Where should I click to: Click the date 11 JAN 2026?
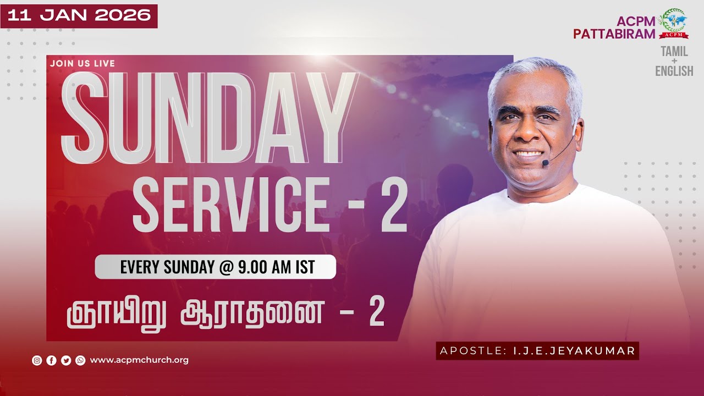tap(79, 15)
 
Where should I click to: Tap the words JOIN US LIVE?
tap(82, 63)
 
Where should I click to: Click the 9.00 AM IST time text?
tap(277, 267)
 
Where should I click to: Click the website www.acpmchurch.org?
tap(139, 360)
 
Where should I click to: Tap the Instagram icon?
tap(37, 361)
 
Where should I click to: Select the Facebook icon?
tap(52, 361)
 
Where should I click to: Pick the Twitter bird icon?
tap(66, 361)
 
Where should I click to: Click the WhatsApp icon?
tap(80, 361)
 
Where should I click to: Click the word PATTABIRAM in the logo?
tap(614, 34)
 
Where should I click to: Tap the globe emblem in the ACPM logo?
tap(673, 21)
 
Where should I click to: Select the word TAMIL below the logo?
tap(674, 52)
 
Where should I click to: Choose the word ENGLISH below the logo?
tap(674, 71)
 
